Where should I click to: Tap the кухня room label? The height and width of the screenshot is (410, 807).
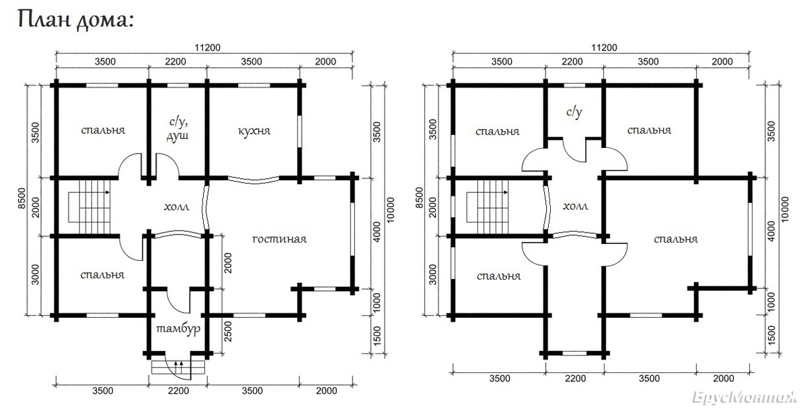[254, 131]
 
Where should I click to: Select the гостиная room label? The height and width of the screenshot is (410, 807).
[279, 239]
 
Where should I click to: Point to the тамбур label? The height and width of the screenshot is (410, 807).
[178, 329]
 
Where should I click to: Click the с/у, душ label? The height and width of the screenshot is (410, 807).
[178, 129]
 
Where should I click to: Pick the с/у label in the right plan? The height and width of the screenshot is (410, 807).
[574, 112]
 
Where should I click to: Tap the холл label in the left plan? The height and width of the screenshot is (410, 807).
[176, 207]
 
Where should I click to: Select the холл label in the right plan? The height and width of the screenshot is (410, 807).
[576, 206]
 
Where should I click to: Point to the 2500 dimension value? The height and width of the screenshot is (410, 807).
[228, 331]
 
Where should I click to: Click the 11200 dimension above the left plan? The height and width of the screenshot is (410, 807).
[207, 48]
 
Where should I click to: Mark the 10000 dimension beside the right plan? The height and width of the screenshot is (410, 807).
[785, 210]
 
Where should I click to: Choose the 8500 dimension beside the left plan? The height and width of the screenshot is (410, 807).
[22, 198]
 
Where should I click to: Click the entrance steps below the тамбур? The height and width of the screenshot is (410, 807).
[178, 367]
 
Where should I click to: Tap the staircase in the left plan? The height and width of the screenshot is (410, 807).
[89, 207]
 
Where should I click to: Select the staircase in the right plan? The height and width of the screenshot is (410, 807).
[488, 207]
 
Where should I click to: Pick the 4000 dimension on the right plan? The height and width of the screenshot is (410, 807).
[771, 231]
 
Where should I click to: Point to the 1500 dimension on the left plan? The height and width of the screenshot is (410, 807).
[377, 336]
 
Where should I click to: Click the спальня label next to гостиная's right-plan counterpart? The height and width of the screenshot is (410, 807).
[676, 239]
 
